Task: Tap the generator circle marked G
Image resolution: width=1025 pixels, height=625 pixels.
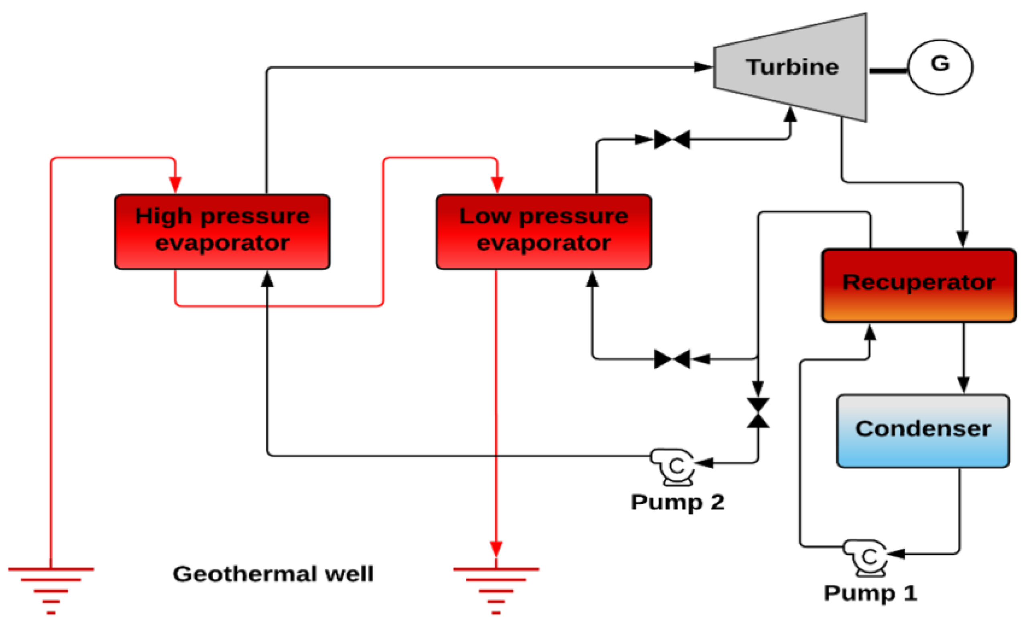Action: coord(940,67)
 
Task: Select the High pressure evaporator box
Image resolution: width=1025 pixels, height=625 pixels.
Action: coord(222,231)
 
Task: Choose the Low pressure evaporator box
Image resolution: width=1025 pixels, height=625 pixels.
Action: coord(543,231)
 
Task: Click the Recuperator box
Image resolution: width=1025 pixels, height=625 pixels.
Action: coord(919,285)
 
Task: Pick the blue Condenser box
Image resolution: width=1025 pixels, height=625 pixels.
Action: coord(923,431)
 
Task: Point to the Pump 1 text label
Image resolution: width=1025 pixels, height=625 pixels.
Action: coord(870,593)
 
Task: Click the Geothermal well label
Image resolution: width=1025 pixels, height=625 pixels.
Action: coord(273,574)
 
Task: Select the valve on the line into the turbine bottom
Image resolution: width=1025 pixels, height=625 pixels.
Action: coord(672,139)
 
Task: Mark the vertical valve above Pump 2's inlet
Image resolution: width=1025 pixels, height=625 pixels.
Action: coord(758,413)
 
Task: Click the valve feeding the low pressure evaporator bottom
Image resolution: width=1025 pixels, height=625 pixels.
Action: coord(672,359)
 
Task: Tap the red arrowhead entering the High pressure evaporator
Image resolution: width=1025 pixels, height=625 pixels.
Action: coord(175,184)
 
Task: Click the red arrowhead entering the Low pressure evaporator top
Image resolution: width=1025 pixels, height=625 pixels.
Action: coord(497,184)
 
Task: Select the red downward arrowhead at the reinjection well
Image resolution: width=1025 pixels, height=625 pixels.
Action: coord(496,548)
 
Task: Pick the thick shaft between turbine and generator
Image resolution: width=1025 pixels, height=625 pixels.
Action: coord(889,71)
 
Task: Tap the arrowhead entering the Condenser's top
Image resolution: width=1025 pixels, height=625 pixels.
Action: coord(964,384)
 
